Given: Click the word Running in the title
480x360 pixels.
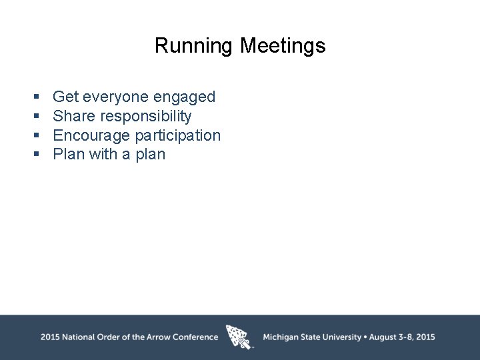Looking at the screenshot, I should point(194,46).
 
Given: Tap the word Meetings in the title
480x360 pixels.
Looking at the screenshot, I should point(283,46).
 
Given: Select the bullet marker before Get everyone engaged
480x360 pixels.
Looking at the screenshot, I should point(37,97).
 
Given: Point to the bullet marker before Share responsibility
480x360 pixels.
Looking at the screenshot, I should point(37,117).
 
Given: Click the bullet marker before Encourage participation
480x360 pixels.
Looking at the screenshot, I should point(37,136).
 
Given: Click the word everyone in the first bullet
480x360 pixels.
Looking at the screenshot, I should point(116,97).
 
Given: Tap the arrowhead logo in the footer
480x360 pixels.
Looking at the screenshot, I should point(239,337).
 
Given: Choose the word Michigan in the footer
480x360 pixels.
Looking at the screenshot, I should point(281,337).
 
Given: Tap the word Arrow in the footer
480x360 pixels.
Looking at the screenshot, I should point(157,337).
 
